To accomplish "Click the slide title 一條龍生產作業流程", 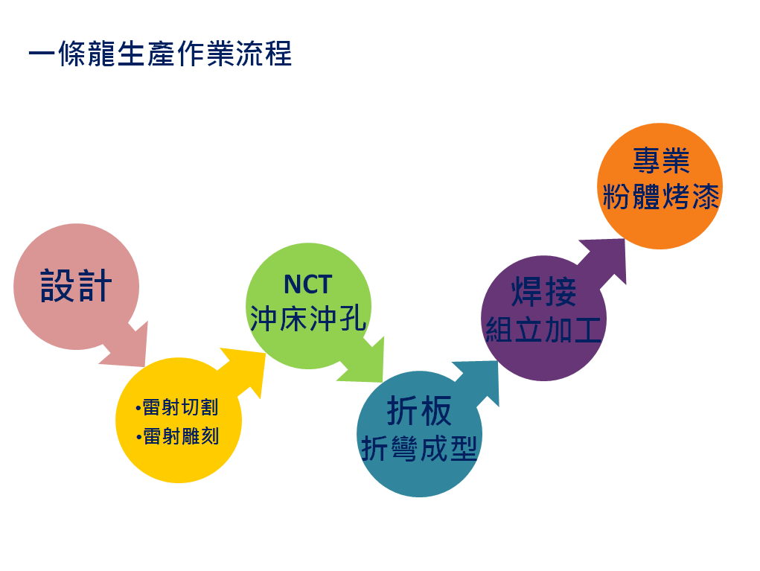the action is tap(160, 54).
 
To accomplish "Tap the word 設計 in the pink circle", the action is tap(76, 286).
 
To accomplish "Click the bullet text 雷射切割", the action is tap(180, 407).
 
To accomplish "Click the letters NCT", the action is tap(307, 284).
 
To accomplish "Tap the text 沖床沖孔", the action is tap(307, 319).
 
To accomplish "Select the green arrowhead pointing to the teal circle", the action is tap(363, 361).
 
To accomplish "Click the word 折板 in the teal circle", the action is tap(419, 411).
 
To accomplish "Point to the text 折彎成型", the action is tap(419, 448).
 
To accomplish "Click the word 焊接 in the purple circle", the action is tap(544, 292).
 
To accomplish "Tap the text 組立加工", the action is tap(543, 329).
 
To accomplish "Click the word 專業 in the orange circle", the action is tap(661, 161).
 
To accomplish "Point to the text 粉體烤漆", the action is tap(661, 197).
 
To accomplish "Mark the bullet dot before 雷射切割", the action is tap(138, 408).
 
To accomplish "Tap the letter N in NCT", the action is tap(293, 284).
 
